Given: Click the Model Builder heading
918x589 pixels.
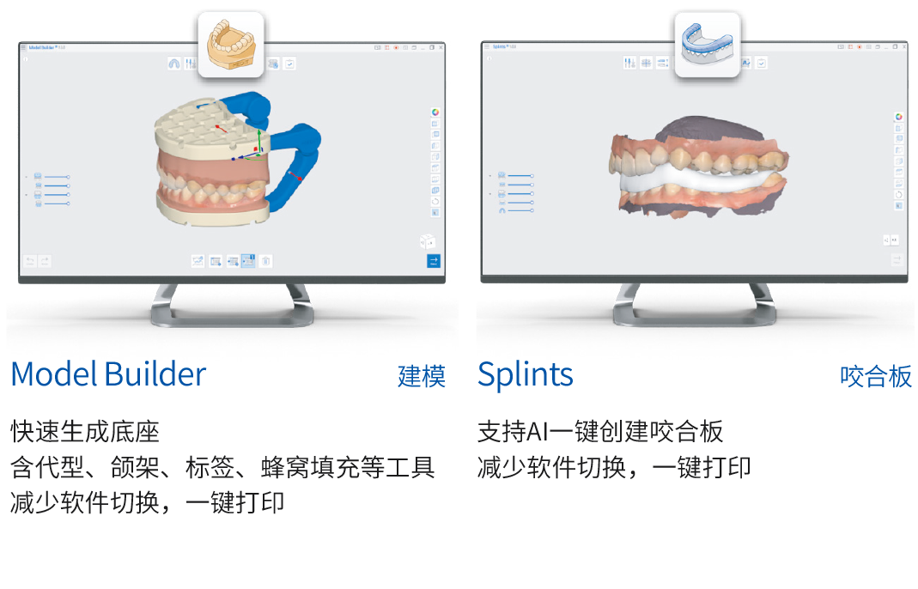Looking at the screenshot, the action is click(x=108, y=375).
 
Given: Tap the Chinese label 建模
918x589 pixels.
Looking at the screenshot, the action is click(x=422, y=376).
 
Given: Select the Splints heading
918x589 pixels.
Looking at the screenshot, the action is click(x=525, y=375).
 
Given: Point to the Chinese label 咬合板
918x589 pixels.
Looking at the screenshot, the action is click(x=876, y=376).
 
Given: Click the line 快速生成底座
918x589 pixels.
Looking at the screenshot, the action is click(x=85, y=430).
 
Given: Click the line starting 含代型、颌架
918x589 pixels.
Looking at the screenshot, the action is click(x=222, y=467).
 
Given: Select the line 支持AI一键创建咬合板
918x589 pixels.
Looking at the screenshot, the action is click(x=600, y=430).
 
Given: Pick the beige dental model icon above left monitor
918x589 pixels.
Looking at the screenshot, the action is click(x=231, y=46).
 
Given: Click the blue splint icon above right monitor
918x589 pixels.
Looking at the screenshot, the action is click(x=707, y=46).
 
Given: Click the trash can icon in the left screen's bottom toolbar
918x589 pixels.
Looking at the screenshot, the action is click(x=266, y=261).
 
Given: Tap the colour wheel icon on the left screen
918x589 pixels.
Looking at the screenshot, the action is click(x=435, y=112).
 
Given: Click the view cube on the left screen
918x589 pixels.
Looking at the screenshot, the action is click(x=428, y=241).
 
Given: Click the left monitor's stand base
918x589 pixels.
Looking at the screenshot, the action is click(x=230, y=319).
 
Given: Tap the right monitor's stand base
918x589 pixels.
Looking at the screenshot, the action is click(x=696, y=319).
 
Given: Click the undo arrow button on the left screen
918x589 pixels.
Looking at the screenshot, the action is click(x=30, y=261).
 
